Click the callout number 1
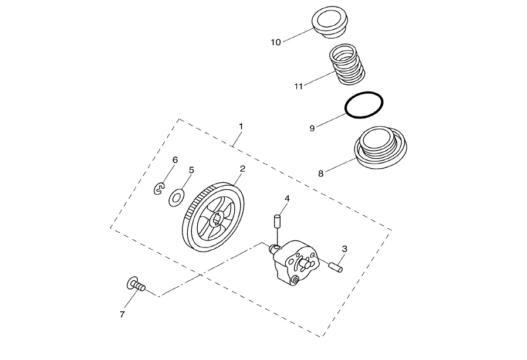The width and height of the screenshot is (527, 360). click(x=241, y=126)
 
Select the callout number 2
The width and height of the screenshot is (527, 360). click(x=242, y=169)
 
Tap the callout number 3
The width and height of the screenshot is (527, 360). click(x=344, y=249)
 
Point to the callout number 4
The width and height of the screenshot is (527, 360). click(x=287, y=199)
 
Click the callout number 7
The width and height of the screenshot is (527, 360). click(x=122, y=314)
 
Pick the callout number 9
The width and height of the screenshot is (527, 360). click(x=312, y=128)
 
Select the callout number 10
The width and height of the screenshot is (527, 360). click(x=276, y=42)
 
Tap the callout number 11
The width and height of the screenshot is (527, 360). click(x=299, y=86)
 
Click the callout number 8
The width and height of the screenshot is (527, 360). click(x=320, y=174)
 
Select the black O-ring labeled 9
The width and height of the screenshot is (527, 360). click(x=364, y=106)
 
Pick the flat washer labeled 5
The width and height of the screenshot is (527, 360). click(x=175, y=197)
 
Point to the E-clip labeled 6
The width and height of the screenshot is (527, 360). click(x=159, y=189)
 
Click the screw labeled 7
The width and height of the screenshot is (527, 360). click(x=136, y=286)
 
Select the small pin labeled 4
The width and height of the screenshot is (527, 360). click(x=278, y=222)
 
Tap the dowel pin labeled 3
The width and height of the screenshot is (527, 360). click(x=335, y=266)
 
